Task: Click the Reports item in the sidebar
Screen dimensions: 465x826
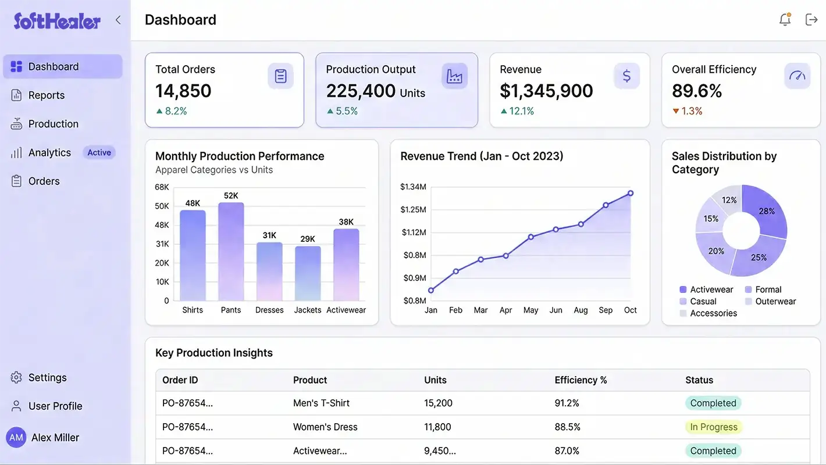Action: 46,95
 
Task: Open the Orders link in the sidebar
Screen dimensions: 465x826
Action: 44,181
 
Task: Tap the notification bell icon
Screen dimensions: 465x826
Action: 785,20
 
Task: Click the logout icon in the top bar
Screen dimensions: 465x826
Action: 811,20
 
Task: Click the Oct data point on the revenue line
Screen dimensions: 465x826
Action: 631,194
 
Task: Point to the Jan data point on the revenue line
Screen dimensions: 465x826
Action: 431,290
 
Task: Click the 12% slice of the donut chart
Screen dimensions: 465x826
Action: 728,199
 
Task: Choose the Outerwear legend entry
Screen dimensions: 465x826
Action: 775,301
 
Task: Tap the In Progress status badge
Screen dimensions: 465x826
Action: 713,427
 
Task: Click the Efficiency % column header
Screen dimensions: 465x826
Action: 581,380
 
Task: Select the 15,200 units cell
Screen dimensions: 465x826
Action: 438,403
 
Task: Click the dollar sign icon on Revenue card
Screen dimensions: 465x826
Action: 626,76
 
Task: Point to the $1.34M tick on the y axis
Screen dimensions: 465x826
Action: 413,187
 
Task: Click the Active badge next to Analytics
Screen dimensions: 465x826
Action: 99,153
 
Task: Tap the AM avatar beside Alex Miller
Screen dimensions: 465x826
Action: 16,438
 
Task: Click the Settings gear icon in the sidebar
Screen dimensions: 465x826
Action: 16,378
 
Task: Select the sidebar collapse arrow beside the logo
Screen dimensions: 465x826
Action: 118,20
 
